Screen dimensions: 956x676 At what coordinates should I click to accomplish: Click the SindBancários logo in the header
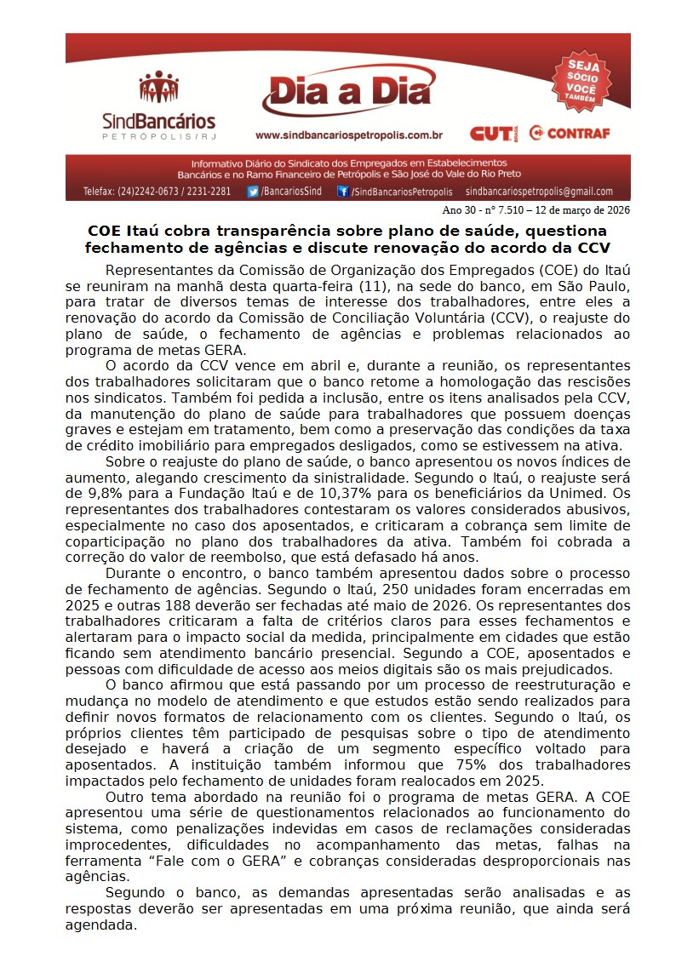[x=158, y=106]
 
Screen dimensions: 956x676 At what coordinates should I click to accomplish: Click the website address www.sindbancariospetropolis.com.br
[x=348, y=135]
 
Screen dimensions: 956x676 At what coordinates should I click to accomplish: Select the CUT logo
[x=492, y=133]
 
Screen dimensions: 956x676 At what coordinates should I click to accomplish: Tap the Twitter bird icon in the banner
[x=253, y=192]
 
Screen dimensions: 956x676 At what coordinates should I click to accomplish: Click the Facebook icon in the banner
[x=342, y=192]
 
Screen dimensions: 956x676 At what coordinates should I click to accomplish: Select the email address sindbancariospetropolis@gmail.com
[x=539, y=192]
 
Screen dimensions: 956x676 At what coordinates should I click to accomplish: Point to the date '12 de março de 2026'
[x=585, y=210]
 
